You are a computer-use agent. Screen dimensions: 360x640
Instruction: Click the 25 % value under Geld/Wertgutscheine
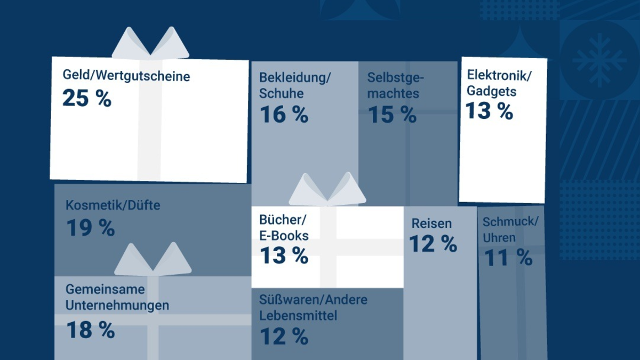pyautogui.click(x=87, y=99)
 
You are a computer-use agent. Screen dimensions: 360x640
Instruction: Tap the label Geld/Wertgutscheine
pyautogui.click(x=126, y=76)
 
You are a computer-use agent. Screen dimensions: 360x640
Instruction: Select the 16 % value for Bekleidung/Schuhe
pyautogui.click(x=284, y=115)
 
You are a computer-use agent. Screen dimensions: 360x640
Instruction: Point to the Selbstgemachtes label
pyautogui.click(x=396, y=85)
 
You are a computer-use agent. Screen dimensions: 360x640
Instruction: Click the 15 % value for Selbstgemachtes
pyautogui.click(x=392, y=115)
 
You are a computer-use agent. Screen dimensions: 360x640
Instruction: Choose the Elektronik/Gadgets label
pyautogui.click(x=499, y=83)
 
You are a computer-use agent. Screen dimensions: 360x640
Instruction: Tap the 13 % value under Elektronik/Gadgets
pyautogui.click(x=489, y=111)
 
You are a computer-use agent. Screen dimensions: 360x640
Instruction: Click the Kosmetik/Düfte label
pyautogui.click(x=113, y=205)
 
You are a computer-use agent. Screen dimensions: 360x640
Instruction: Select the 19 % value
pyautogui.click(x=90, y=228)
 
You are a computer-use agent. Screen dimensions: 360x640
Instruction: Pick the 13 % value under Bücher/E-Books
pyautogui.click(x=284, y=256)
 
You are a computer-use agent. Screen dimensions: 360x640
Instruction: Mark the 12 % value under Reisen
pyautogui.click(x=433, y=244)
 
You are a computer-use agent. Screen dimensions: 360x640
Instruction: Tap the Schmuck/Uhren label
pyautogui.click(x=510, y=229)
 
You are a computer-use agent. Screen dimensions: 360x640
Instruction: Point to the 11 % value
pyautogui.click(x=508, y=258)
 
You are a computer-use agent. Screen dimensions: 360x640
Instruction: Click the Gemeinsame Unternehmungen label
pyautogui.click(x=117, y=297)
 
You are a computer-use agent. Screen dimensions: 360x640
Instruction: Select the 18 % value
pyautogui.click(x=90, y=330)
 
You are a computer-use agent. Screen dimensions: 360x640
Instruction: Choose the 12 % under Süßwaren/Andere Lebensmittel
pyautogui.click(x=284, y=337)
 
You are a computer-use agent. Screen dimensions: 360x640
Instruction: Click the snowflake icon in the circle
pyautogui.click(x=599, y=60)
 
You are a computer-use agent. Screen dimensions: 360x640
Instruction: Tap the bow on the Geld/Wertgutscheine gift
pyautogui.click(x=150, y=44)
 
